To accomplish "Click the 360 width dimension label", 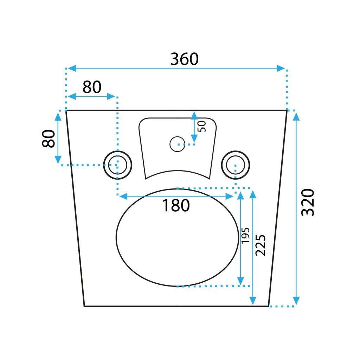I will [x=185, y=59].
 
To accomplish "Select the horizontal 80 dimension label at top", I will [x=92, y=87].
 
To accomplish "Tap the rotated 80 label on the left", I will [x=49, y=139].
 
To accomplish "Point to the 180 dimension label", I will [x=176, y=205].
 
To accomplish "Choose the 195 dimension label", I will [x=245, y=235].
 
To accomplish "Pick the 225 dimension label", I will [x=260, y=245].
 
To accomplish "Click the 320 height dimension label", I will [x=308, y=202].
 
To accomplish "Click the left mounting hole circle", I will [x=117, y=165].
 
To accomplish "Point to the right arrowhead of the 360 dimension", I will [x=281, y=68].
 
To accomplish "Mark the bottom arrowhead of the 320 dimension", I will [x=296, y=301].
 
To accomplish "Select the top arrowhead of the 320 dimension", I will [x=296, y=116].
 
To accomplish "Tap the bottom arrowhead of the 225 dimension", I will [x=253, y=301].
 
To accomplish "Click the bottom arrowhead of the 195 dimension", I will [x=240, y=281].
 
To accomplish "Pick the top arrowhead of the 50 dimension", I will [x=193, y=115].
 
